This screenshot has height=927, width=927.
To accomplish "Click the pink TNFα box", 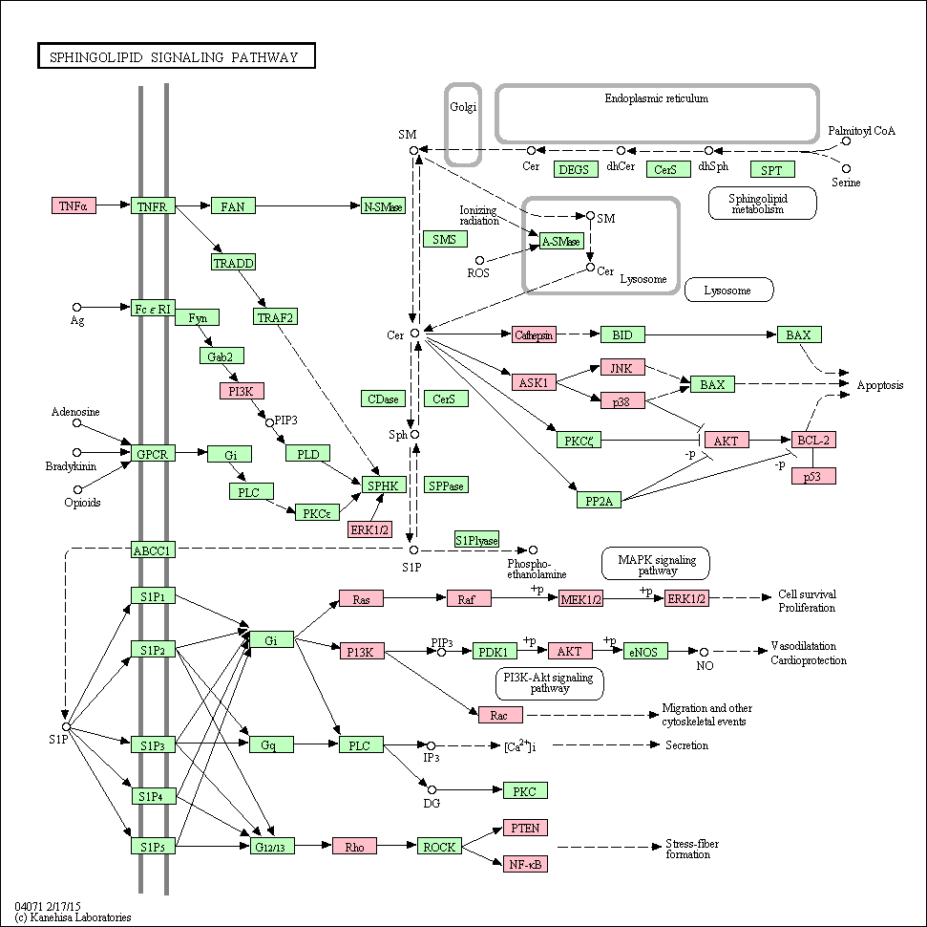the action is [74, 205].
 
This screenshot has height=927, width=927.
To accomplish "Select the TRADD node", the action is [234, 262].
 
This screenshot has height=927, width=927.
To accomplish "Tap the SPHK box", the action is [383, 485].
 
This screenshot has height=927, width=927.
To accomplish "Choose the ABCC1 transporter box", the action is [153, 550].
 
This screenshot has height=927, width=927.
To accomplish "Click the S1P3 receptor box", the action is [153, 744].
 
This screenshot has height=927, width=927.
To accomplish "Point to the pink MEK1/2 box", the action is [581, 598].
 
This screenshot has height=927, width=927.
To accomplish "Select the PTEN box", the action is [526, 828].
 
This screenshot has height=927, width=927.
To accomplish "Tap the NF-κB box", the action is [526, 864].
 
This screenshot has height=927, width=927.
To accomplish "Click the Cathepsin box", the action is [534, 335].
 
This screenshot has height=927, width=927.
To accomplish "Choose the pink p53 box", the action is [813, 476].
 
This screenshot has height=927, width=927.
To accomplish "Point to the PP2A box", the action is [599, 500].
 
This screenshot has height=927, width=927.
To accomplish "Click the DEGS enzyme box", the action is [574, 169].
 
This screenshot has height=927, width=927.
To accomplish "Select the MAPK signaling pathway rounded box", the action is [656, 564].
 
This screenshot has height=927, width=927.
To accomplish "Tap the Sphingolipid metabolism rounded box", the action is [762, 203].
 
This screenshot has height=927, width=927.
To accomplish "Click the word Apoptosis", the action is [879, 385].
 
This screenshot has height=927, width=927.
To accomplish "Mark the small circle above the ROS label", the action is [480, 261].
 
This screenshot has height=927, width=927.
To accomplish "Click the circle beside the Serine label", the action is [846, 169].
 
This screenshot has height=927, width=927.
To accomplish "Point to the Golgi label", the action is [463, 106].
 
